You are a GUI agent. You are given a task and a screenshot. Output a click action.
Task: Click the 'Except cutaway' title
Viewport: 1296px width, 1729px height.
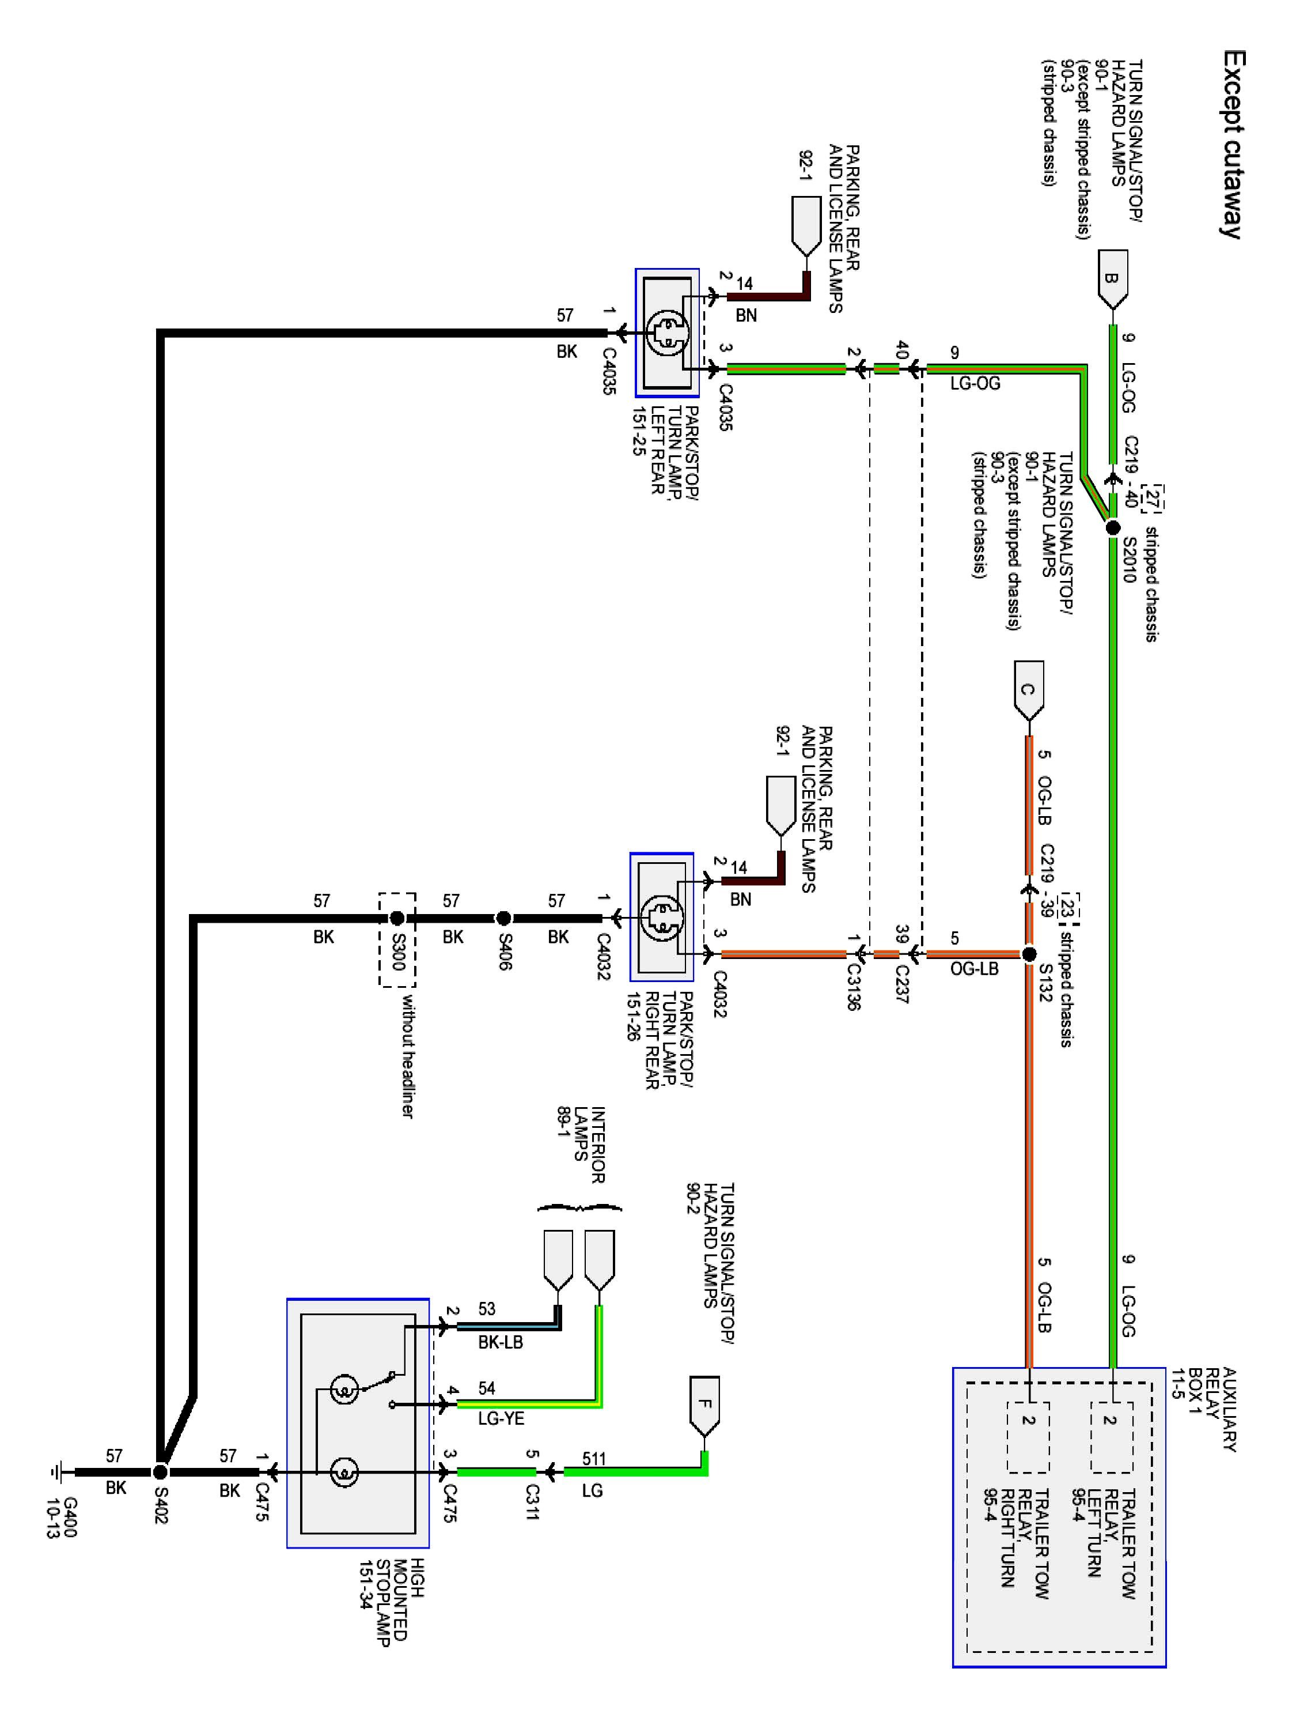[1233, 145]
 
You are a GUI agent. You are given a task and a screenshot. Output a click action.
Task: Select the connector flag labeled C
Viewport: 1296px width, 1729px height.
[1028, 691]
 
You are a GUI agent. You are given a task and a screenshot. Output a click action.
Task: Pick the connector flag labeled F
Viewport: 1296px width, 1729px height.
[704, 1407]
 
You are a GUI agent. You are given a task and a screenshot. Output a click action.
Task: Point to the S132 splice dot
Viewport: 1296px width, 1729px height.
[1029, 954]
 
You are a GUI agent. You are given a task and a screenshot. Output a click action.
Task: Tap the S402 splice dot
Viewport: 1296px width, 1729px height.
[160, 1472]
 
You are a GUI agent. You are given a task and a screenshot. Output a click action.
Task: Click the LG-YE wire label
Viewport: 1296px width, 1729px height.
[501, 1418]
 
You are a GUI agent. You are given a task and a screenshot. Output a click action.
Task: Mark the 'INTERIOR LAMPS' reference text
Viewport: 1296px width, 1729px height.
[582, 1145]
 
